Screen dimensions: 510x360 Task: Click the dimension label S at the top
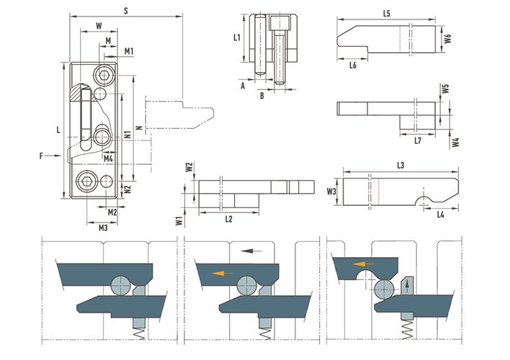pos(126,11)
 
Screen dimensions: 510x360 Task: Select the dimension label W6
pos(448,38)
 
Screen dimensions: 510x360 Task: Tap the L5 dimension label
pos(386,14)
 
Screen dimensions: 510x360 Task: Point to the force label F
pos(41,156)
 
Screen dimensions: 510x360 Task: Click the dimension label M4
pos(108,158)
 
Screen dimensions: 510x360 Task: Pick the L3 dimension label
pos(401,165)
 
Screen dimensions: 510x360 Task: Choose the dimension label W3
pos(331,192)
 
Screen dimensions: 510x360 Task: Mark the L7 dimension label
pos(418,140)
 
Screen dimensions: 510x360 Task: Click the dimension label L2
pos(229,219)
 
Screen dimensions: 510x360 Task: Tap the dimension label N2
pos(127,189)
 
